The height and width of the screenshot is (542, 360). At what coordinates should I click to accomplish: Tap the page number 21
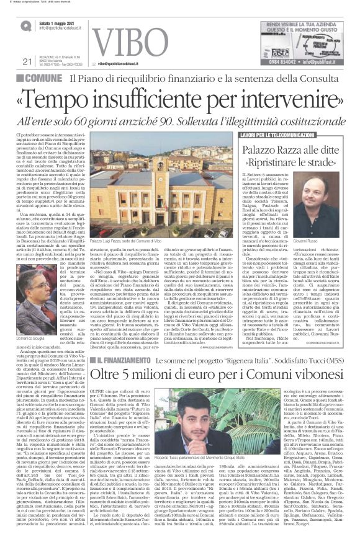tap(26, 61)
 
